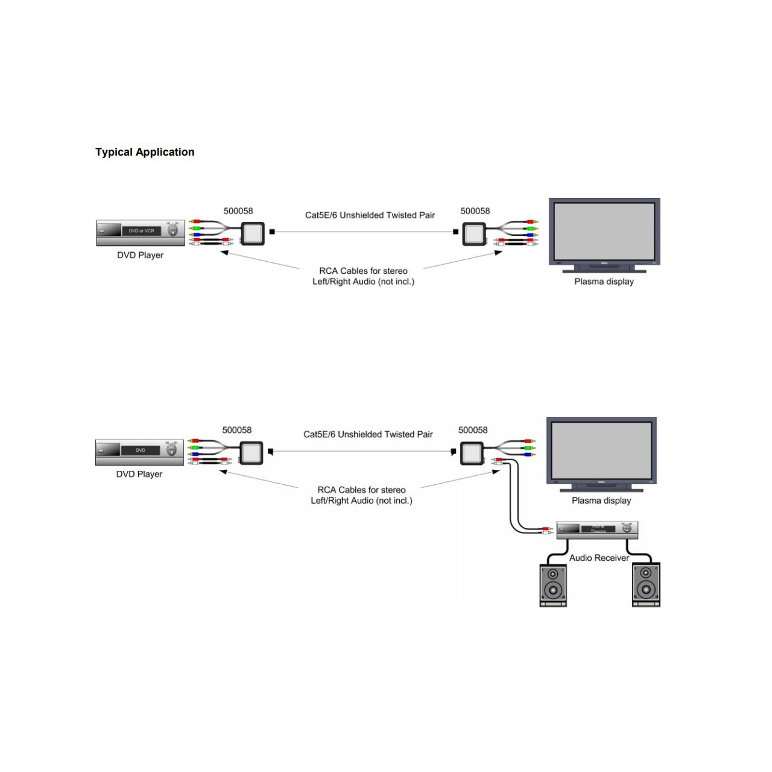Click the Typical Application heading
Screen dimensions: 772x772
tap(145, 152)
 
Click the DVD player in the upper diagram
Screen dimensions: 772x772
tap(141, 232)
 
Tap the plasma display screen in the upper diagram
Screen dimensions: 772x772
tap(604, 230)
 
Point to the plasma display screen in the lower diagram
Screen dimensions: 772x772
tap(601, 449)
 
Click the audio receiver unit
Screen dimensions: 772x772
tap(596, 530)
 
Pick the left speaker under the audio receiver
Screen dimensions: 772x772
tap(553, 584)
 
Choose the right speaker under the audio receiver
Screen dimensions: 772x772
tap(646, 584)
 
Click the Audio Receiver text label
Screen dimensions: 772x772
tap(599, 558)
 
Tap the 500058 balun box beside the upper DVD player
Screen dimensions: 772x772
tap(253, 233)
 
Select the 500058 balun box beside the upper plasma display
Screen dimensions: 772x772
tap(474, 233)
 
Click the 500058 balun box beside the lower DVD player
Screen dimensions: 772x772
tap(251, 452)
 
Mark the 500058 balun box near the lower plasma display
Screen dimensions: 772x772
tap(472, 452)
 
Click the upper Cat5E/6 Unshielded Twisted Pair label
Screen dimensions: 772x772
tap(370, 215)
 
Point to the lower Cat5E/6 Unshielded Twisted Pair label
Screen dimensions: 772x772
tap(368, 434)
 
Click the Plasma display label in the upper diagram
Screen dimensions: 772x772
tap(604, 282)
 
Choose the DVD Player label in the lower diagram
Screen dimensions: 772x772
tap(139, 474)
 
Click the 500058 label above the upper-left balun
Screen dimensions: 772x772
tap(238, 211)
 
